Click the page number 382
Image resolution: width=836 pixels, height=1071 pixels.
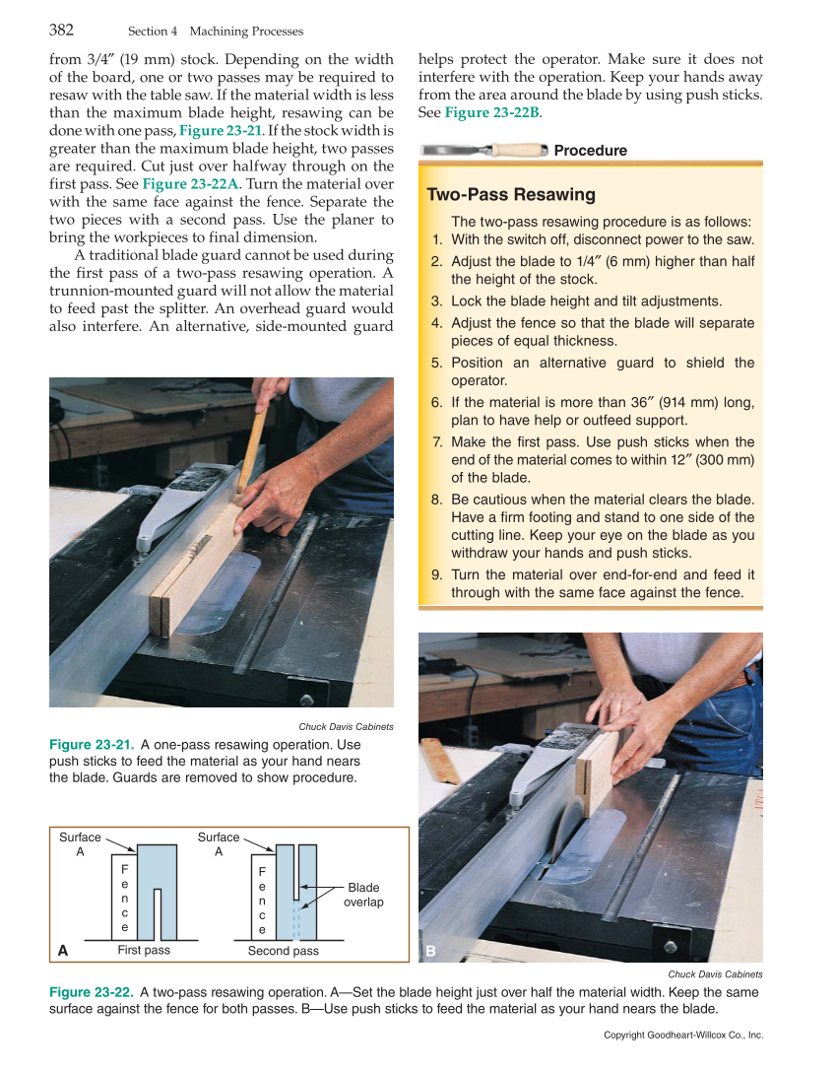62,30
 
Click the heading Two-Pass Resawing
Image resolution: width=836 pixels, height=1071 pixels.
510,194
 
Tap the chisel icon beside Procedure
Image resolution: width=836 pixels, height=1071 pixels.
482,150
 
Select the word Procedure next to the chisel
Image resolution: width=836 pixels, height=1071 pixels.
590,151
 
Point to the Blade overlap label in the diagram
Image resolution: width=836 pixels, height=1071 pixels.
362,895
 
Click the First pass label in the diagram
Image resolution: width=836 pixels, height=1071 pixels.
144,951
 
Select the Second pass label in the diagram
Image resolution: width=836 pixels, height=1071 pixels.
283,951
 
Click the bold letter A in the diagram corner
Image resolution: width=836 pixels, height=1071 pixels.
63,951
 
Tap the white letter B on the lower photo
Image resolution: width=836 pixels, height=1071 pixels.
430,951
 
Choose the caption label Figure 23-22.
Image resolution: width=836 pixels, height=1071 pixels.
92,992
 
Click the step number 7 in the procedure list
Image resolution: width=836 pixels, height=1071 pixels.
437,442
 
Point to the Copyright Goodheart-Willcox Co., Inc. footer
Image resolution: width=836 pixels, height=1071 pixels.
683,1036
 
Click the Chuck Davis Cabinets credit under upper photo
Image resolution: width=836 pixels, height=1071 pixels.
346,727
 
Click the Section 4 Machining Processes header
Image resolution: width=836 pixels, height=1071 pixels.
216,32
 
